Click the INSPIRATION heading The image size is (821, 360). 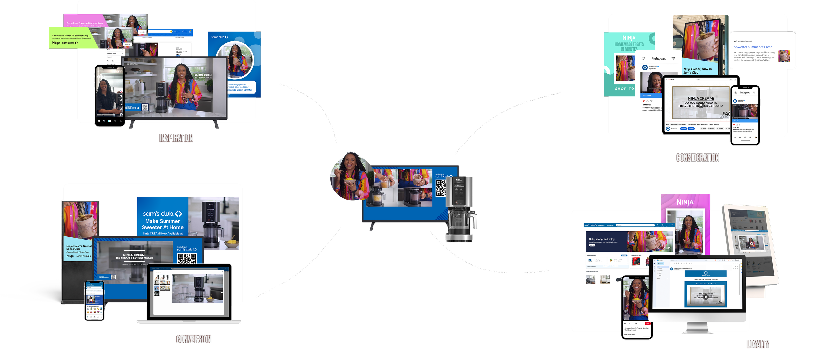pyautogui.click(x=176, y=138)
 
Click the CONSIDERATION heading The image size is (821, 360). pyautogui.click(x=698, y=158)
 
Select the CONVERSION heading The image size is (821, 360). pyautogui.click(x=193, y=339)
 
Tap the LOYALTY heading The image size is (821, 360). pyautogui.click(x=758, y=344)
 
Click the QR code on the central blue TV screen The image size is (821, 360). pyautogui.click(x=440, y=189)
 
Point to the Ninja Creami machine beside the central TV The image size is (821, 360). pyautogui.click(x=460, y=210)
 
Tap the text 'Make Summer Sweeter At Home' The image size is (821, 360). pyautogui.click(x=163, y=224)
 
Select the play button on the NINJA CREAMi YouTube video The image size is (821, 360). pyautogui.click(x=701, y=105)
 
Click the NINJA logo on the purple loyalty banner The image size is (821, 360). pyautogui.click(x=685, y=202)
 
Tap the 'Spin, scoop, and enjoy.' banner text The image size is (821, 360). pyautogui.click(x=602, y=239)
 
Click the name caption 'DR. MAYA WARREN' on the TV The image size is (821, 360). pyautogui.click(x=203, y=75)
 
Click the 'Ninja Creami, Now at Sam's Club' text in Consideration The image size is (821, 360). pyautogui.click(x=698, y=71)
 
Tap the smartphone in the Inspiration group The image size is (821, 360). pyautogui.click(x=110, y=96)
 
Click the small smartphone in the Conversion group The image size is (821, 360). pyautogui.click(x=94, y=301)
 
